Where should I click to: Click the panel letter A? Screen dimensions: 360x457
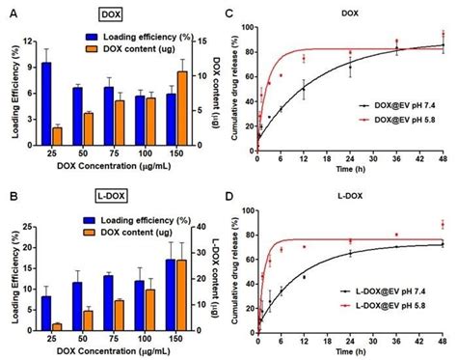[9, 12]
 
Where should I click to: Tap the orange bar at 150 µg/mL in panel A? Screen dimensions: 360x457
[182, 107]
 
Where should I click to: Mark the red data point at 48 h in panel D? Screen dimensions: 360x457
[443, 225]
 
